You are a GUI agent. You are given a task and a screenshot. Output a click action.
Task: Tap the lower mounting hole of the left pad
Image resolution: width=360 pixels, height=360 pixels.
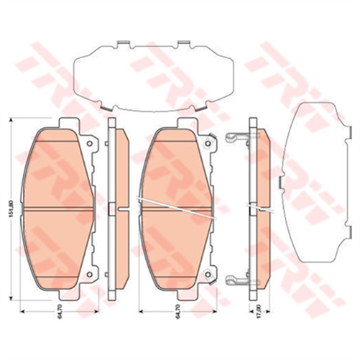(x=89, y=274)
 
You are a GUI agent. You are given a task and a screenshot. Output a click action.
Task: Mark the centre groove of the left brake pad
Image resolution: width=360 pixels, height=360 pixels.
(x=58, y=208)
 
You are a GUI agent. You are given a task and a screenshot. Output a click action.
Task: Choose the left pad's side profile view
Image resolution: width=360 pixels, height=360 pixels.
(x=115, y=208)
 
